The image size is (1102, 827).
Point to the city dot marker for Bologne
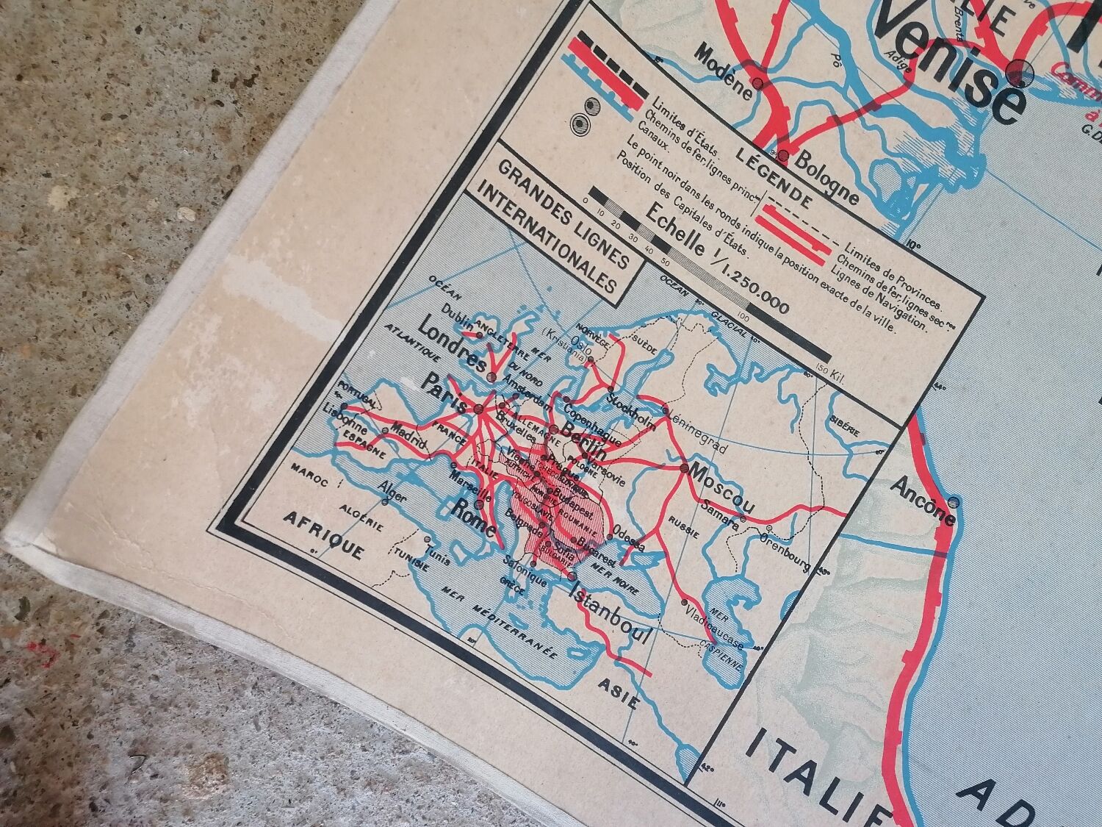(x=784, y=155)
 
